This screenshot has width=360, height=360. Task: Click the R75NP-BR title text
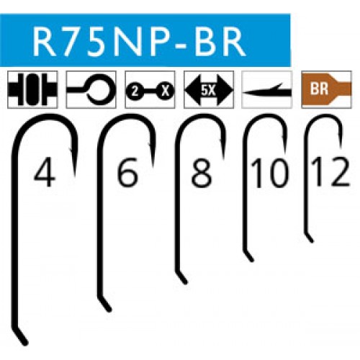[139, 41]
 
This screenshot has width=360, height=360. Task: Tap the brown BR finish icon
[326, 89]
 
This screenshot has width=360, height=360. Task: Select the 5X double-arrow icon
[209, 90]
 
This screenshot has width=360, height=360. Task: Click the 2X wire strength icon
[150, 90]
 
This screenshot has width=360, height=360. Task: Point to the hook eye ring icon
[91, 90]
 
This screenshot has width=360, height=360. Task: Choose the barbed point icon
[267, 90]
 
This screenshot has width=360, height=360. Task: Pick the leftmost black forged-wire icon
[32, 90]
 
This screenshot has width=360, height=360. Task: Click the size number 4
[44, 171]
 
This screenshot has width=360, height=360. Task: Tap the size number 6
[127, 171]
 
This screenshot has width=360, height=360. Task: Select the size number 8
[202, 171]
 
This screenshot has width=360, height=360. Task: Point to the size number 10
[269, 174]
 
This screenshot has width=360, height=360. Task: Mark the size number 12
[330, 172]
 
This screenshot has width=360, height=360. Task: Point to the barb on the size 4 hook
[71, 149]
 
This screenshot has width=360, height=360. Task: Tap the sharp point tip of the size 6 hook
[153, 166]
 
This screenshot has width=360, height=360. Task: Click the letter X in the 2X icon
[165, 91]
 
